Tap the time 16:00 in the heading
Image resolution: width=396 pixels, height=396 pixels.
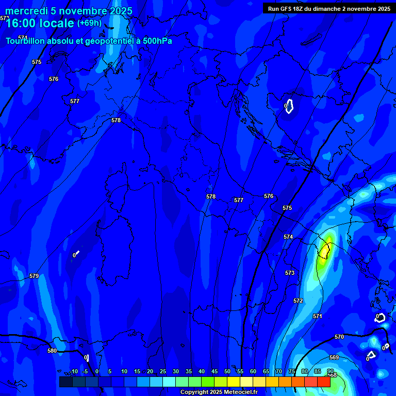click(21, 23)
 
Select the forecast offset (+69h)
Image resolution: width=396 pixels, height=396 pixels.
click(89, 23)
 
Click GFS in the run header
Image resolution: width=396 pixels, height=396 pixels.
click(288, 9)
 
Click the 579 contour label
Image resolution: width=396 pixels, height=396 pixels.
click(34, 276)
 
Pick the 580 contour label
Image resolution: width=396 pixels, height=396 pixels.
click(52, 351)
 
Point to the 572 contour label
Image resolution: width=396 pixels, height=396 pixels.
click(298, 301)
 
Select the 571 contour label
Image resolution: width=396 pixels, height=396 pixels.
click(317, 316)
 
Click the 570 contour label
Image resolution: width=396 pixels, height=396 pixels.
click(339, 337)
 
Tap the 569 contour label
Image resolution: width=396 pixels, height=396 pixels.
click(334, 357)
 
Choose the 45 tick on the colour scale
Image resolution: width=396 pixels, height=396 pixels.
click(214, 371)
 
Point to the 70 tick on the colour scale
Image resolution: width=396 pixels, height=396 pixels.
click(278, 371)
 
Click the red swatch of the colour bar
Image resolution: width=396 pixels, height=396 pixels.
click(323, 382)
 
